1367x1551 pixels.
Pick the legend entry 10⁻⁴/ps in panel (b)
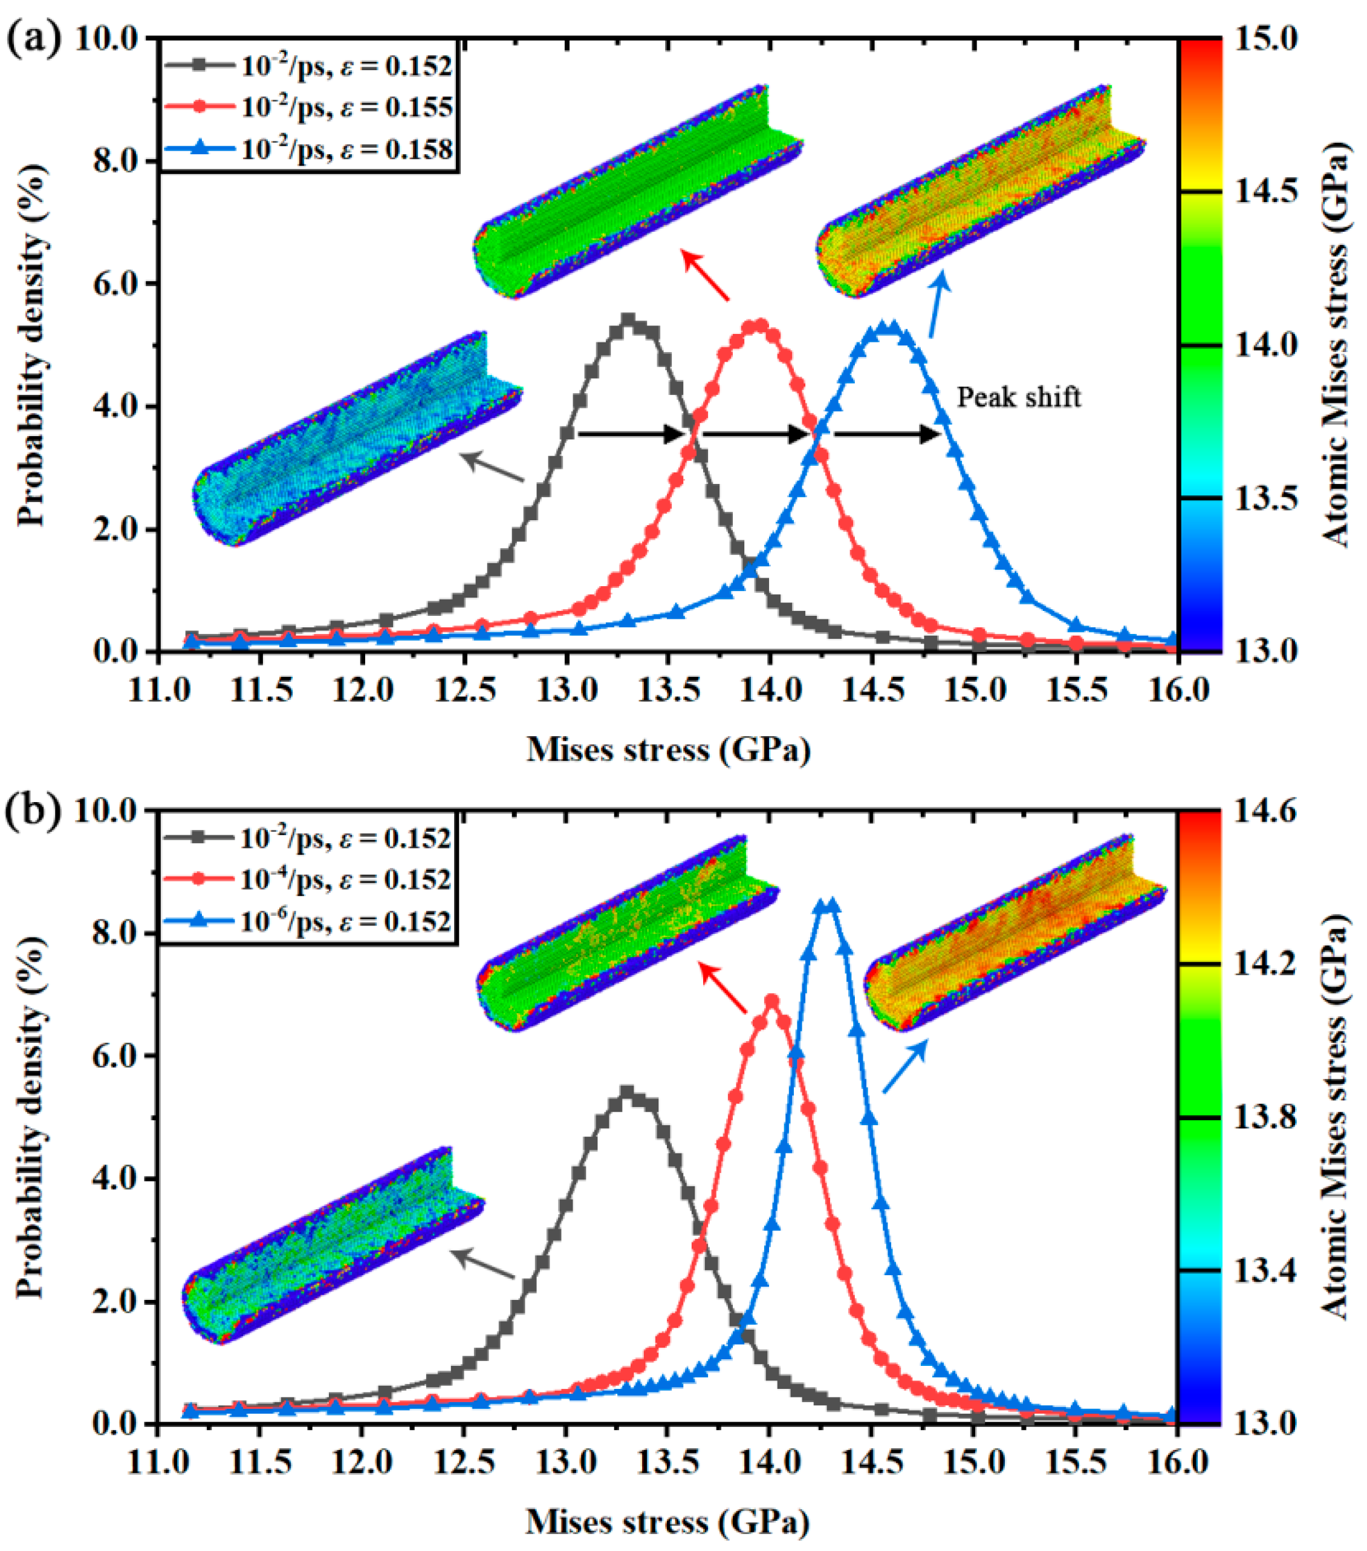click(345, 880)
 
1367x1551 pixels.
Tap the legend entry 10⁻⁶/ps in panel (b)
click(345, 921)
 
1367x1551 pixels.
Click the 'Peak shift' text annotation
click(1018, 397)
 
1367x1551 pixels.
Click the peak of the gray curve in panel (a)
click(628, 320)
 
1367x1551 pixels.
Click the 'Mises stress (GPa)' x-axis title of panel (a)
click(668, 749)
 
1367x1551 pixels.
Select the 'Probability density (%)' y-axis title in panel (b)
click(30, 1115)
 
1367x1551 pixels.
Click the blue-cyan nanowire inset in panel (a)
click(357, 440)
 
